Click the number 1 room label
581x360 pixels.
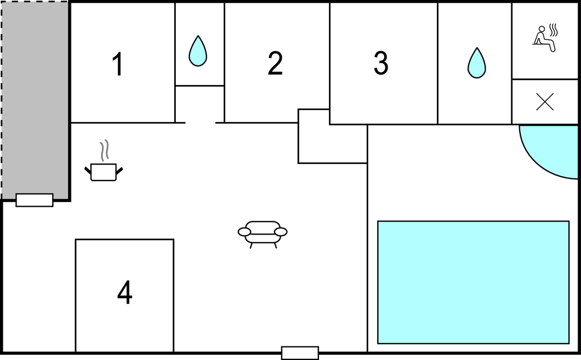coord(118,64)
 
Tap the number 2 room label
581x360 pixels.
coord(275,64)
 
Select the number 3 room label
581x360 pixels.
coord(381,62)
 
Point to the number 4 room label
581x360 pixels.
coord(125,292)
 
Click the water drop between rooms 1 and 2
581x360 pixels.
coord(198,51)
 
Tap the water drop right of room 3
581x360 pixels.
coord(477,63)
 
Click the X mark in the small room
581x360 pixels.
coord(545,102)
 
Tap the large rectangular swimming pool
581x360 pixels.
coord(473,282)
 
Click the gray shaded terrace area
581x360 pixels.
coord(35,99)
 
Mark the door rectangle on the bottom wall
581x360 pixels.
coord(300,353)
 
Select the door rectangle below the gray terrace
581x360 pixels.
coord(35,200)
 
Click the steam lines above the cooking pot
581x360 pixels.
coord(105,150)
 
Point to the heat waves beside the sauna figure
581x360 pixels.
coord(553,30)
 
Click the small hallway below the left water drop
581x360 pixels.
coord(200,104)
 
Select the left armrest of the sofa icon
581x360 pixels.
coord(244,232)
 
